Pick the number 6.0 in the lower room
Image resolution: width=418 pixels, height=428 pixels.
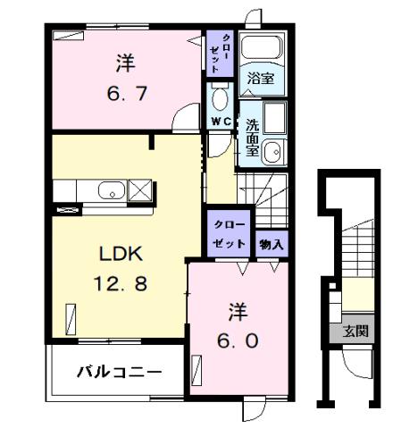237,340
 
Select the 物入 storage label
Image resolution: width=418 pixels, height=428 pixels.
272,244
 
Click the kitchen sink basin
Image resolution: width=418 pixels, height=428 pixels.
110,189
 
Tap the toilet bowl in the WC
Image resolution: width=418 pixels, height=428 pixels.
221,97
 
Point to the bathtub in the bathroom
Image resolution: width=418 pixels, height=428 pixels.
262,50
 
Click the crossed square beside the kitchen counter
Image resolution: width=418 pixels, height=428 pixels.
141,189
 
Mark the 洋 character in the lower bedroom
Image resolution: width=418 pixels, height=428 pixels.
237,313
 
